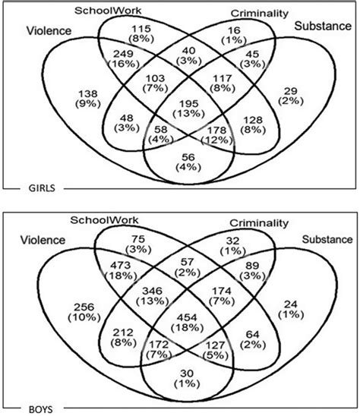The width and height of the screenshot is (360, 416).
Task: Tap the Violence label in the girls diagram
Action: tap(49, 30)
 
